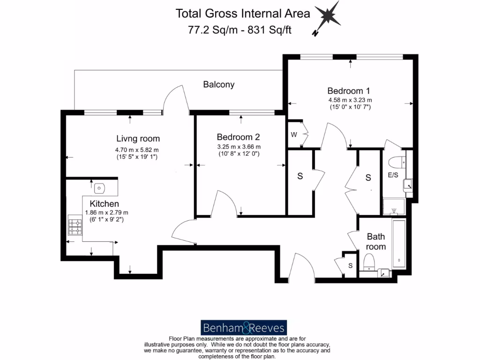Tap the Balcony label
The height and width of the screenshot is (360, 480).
pyautogui.click(x=218, y=85)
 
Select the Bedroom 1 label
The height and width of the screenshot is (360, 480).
pyautogui.click(x=349, y=90)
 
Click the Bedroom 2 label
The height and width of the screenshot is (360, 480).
pyautogui.click(x=238, y=137)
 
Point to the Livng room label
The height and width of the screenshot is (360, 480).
pyautogui.click(x=138, y=138)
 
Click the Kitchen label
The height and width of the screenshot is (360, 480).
pyautogui.click(x=104, y=204)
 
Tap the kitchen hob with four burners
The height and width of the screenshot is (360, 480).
pyautogui.click(x=75, y=225)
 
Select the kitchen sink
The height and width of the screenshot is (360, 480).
pyautogui.click(x=99, y=188)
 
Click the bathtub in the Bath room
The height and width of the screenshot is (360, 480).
pyautogui.click(x=399, y=244)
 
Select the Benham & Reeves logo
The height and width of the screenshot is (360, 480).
pyautogui.click(x=243, y=327)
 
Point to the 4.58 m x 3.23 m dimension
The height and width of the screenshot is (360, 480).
pyautogui.click(x=350, y=100)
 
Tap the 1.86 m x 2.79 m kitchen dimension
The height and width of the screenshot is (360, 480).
pyautogui.click(x=106, y=212)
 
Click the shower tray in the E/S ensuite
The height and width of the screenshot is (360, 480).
pyautogui.click(x=393, y=207)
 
